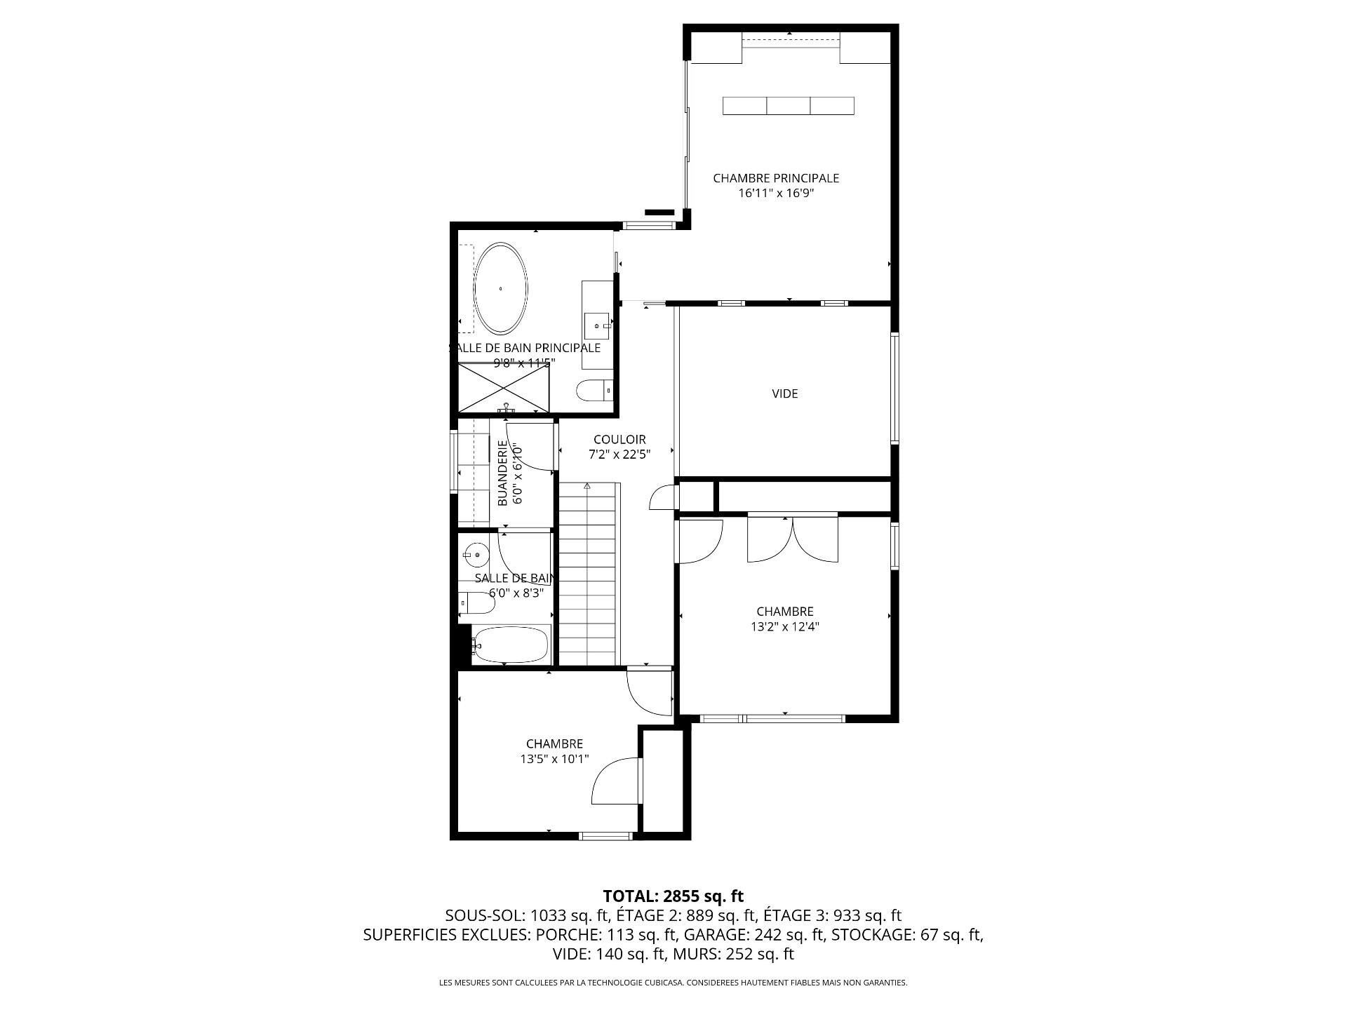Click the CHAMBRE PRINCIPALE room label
point(776,178)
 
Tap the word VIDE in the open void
point(785,393)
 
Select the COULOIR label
point(619,440)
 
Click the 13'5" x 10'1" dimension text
point(554,759)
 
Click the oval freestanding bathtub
point(501,288)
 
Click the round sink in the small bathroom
point(476,555)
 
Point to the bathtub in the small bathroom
point(511,644)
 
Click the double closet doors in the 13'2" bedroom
point(793,538)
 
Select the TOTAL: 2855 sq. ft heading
point(673,896)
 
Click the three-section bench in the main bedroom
point(789,106)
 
